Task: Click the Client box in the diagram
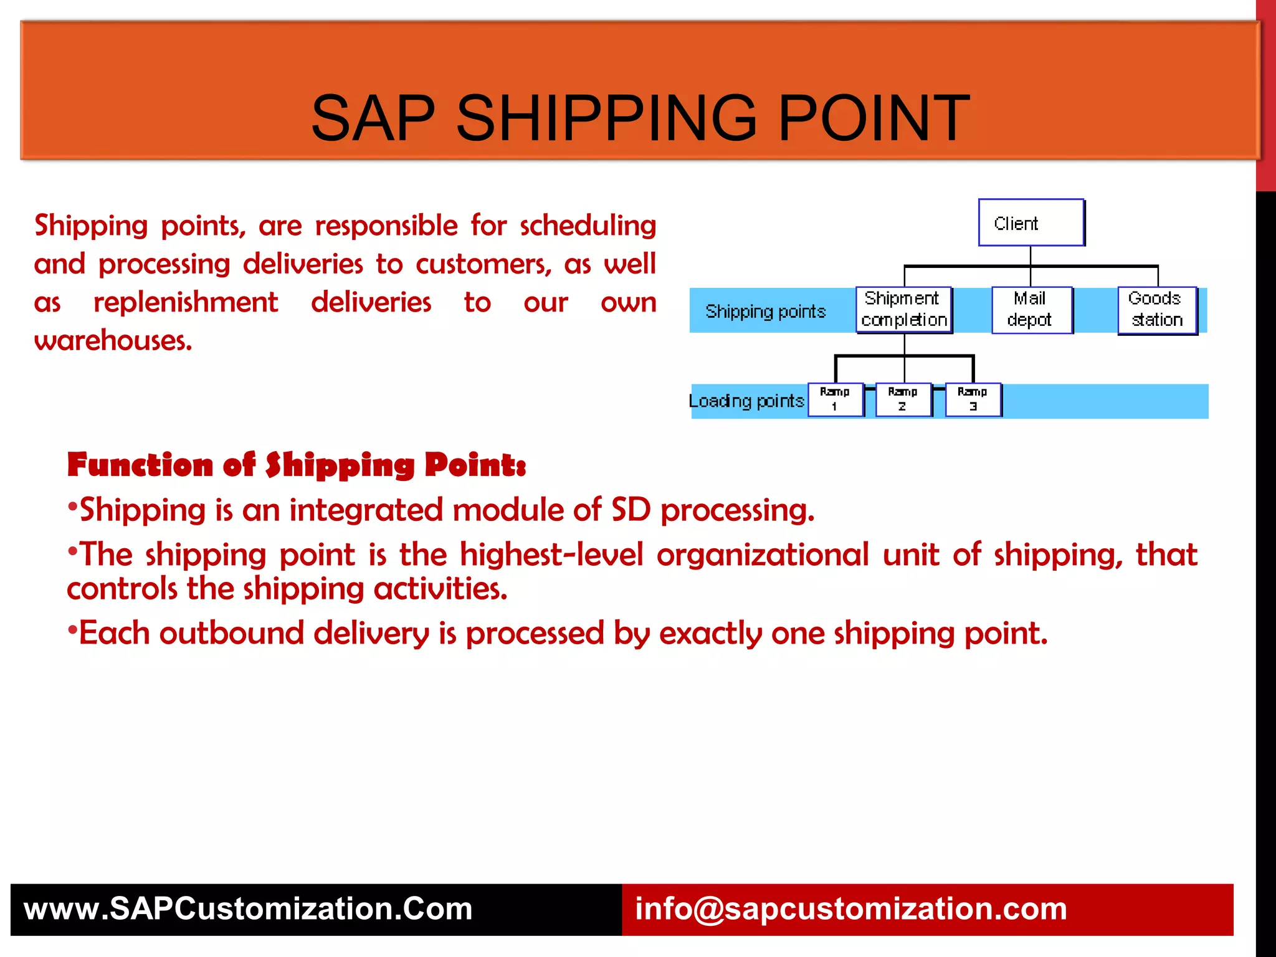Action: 1031,223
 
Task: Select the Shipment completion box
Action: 904,310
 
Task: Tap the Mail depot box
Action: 1031,310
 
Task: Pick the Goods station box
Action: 1157,310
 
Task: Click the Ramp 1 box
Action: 835,399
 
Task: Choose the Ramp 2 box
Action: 903,399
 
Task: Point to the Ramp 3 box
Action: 973,399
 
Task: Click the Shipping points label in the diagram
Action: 765,312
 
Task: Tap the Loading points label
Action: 746,401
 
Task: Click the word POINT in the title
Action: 874,118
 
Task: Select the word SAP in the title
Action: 373,118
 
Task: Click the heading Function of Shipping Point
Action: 296,465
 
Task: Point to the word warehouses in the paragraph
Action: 113,341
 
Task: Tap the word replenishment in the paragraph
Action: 185,303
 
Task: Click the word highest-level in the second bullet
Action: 551,555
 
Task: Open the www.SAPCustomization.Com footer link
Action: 248,909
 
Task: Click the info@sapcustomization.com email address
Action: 850,909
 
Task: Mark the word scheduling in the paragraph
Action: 588,226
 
